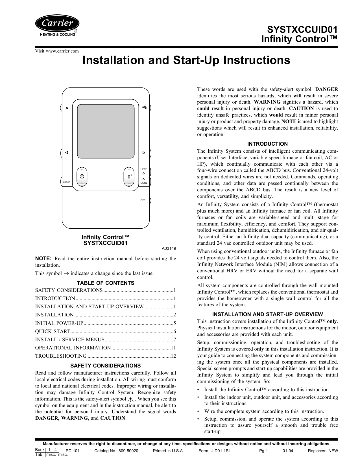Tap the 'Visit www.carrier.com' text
57,51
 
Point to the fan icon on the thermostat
144,107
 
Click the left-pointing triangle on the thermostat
67,153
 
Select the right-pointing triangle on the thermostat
144,153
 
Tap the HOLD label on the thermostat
67,183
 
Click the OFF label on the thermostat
143,200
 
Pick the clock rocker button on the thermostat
82,177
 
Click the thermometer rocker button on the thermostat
129,177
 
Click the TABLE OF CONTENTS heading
106,283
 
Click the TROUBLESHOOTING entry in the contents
61,356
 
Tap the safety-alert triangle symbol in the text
130,399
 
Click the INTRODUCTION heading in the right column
267,144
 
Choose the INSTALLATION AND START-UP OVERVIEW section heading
267,314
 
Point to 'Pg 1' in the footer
263,451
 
